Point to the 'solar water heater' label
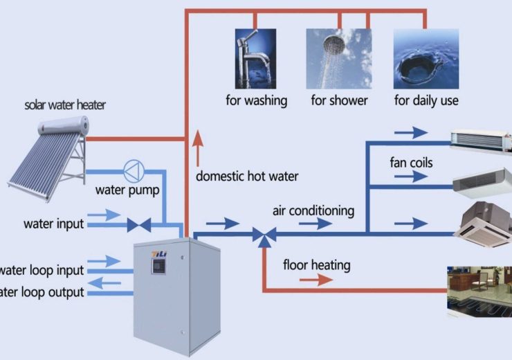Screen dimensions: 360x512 66,106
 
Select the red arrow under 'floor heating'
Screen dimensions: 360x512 316,280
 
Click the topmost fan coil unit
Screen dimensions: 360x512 481,139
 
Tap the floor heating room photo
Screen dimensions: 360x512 479,290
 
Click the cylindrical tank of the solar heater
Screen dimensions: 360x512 64,126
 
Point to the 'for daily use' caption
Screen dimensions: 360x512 426,101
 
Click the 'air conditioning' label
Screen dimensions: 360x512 313,210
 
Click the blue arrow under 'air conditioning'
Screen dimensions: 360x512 316,224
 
